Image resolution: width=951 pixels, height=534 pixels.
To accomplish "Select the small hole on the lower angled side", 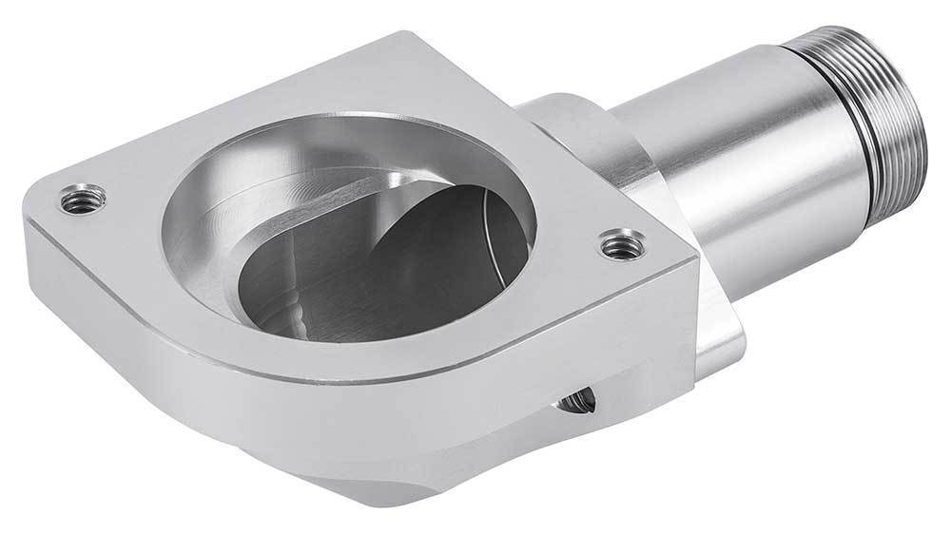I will tap(577, 403).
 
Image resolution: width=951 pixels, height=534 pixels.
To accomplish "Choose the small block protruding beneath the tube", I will tap(719, 342).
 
